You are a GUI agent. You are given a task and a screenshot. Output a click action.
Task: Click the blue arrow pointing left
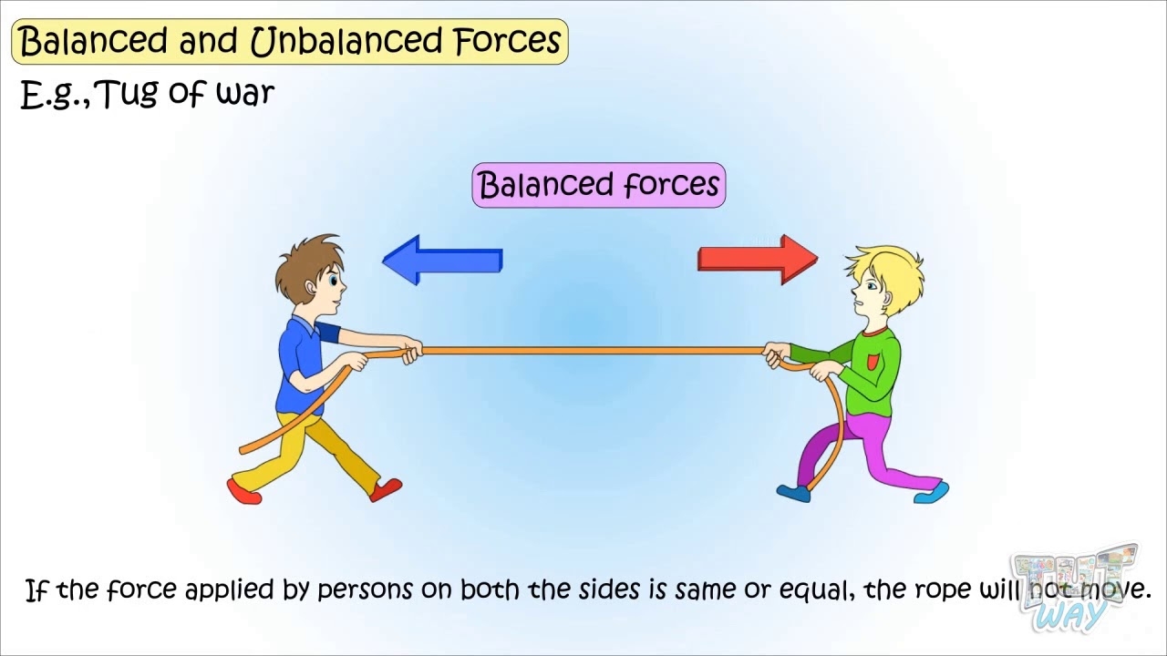(x=443, y=260)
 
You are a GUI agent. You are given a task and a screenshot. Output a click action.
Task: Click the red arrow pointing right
(x=758, y=260)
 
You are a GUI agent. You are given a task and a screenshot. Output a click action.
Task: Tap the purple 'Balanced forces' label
(x=599, y=185)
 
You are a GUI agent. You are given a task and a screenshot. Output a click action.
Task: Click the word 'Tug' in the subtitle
(x=127, y=94)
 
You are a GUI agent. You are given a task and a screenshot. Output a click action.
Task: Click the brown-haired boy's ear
(x=310, y=289)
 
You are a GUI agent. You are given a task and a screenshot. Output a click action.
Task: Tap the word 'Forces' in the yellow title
(x=507, y=41)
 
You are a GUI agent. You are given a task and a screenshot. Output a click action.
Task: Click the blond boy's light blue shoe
(x=932, y=493)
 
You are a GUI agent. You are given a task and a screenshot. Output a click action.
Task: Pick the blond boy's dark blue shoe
(x=793, y=494)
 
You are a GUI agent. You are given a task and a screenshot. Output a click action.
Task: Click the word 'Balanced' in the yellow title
(x=94, y=41)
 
